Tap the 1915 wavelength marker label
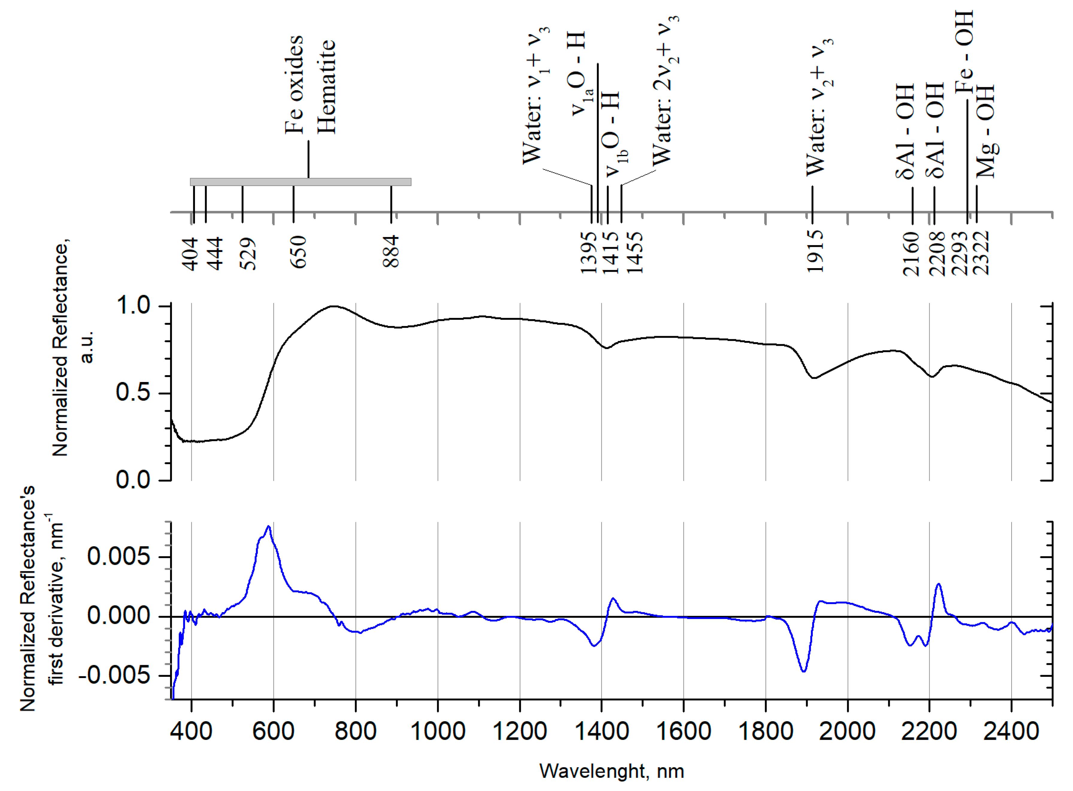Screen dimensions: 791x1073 click(815, 251)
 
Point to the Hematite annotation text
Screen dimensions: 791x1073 click(326, 87)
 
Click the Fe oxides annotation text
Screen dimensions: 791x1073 click(294, 85)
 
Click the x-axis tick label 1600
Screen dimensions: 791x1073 click(683, 731)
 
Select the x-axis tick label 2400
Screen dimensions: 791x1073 click(1011, 731)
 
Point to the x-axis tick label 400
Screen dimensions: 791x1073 click(191, 731)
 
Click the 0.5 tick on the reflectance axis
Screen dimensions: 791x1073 click(133, 393)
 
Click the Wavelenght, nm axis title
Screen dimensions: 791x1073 click(611, 771)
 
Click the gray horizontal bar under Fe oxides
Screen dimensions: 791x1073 click(301, 182)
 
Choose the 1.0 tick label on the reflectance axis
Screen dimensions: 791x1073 click(133, 306)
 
